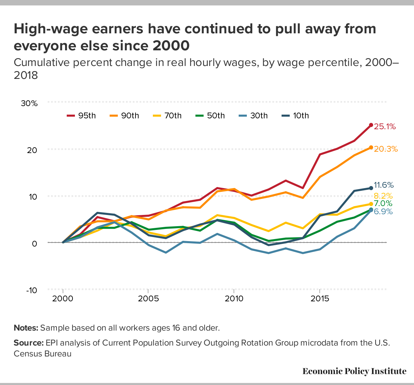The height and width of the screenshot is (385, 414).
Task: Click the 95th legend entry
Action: click(x=81, y=116)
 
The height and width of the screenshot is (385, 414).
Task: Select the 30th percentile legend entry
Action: click(x=253, y=116)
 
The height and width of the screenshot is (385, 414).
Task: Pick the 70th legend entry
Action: click(x=167, y=116)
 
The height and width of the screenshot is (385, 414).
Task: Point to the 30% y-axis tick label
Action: click(x=29, y=103)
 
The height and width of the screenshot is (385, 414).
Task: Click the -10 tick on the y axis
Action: click(x=32, y=290)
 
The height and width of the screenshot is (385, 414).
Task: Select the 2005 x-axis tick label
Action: click(x=148, y=299)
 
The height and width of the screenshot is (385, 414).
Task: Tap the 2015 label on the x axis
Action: click(x=320, y=299)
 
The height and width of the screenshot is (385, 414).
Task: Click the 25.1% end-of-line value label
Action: click(x=385, y=127)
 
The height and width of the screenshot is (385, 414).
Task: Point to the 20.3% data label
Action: click(x=386, y=149)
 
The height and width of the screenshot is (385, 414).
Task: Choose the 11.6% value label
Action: click(x=384, y=185)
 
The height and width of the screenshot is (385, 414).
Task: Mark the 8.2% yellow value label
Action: click(x=383, y=196)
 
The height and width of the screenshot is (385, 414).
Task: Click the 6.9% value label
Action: click(x=383, y=212)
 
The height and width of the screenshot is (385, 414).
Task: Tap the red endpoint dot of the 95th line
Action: click(x=371, y=125)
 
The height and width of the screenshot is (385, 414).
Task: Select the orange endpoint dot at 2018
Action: click(x=371, y=148)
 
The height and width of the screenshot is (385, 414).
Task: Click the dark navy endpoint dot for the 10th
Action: click(x=371, y=188)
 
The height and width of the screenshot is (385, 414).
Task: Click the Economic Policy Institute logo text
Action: click(x=354, y=371)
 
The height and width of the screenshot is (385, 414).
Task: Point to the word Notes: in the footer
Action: click(x=26, y=328)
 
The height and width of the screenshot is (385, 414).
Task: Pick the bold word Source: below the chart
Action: click(x=29, y=342)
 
